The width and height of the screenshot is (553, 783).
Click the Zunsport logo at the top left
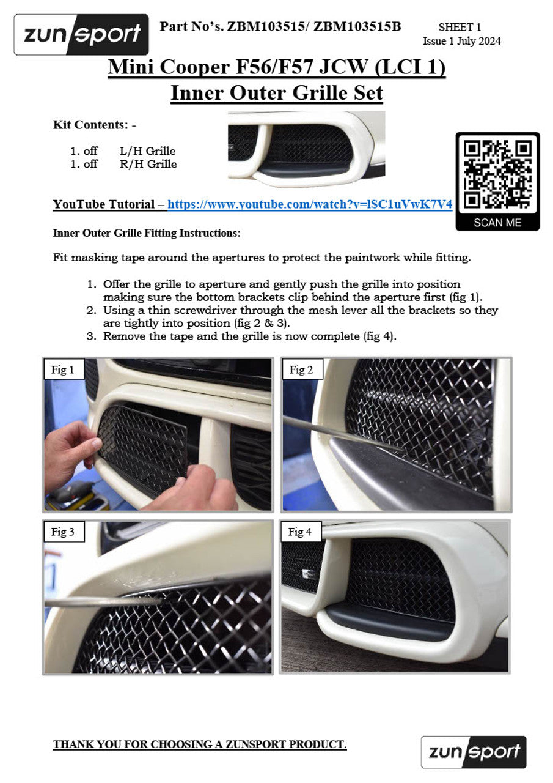81,34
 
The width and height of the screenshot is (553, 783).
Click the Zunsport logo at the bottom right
474,752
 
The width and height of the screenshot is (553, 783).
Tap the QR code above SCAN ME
497,174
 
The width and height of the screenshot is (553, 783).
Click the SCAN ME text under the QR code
497,223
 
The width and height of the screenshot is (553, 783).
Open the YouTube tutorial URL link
310,205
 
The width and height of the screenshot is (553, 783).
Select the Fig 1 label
63,369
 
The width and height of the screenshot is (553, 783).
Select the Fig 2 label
301,369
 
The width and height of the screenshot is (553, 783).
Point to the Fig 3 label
63,532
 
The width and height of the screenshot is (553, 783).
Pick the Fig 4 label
300,532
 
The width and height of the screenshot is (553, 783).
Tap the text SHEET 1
460,27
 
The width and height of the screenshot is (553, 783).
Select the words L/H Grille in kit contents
148,150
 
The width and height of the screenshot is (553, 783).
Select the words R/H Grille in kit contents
148,164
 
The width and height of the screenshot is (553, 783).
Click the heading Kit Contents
89,125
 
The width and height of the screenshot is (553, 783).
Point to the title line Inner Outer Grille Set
276,94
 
